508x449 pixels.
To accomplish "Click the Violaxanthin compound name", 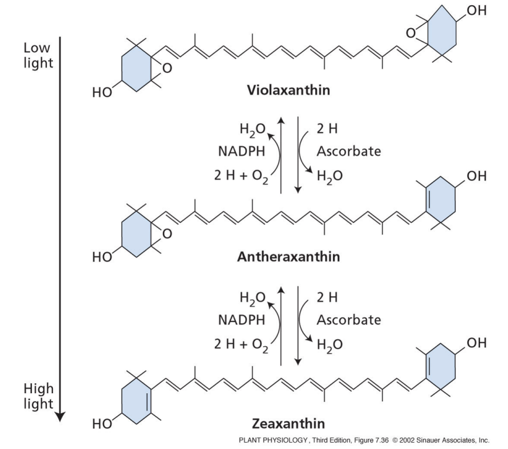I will click(285, 92).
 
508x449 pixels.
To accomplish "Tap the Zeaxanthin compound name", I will click(284, 423).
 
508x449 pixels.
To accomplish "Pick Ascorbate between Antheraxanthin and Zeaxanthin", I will click(349, 320).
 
